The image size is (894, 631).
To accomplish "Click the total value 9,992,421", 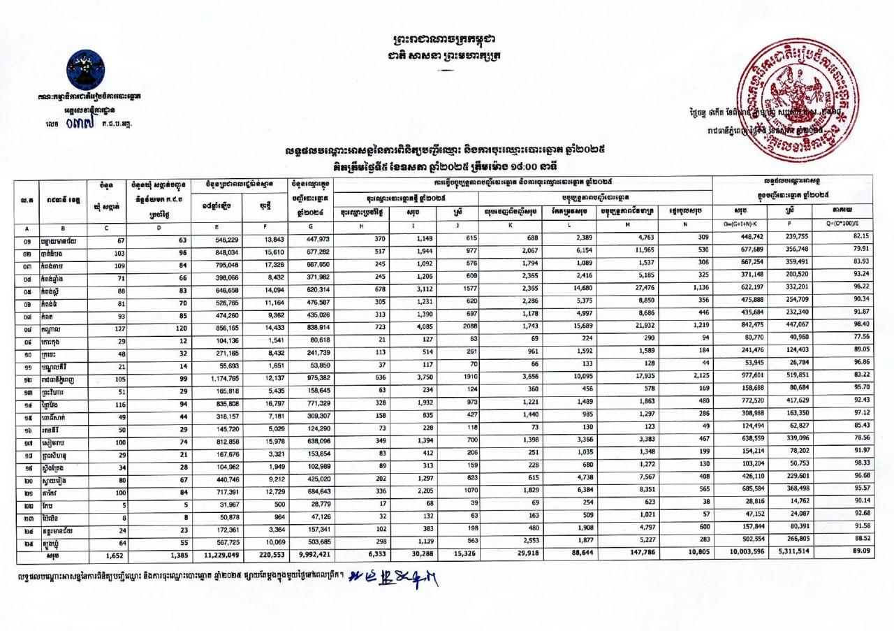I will click(313, 555).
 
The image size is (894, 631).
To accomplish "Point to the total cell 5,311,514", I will click(791, 555).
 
